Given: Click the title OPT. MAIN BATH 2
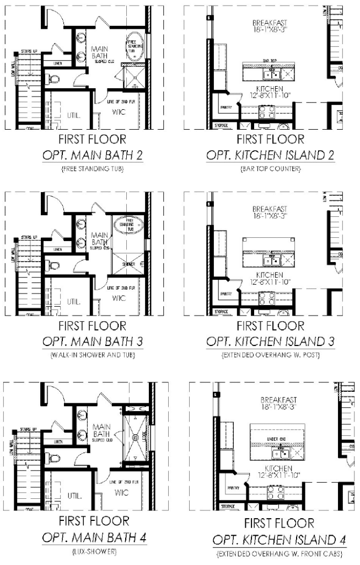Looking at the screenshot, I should click(92, 155).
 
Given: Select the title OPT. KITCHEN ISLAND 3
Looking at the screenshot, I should click(270, 342).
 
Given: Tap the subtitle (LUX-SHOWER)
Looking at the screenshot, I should click(92, 550).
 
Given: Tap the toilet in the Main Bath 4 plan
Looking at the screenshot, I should click(53, 457).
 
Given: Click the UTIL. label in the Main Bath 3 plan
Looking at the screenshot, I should click(74, 302).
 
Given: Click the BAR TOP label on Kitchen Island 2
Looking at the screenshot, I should click(270, 61).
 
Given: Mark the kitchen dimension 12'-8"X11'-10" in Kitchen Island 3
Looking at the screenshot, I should click(270, 282).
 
